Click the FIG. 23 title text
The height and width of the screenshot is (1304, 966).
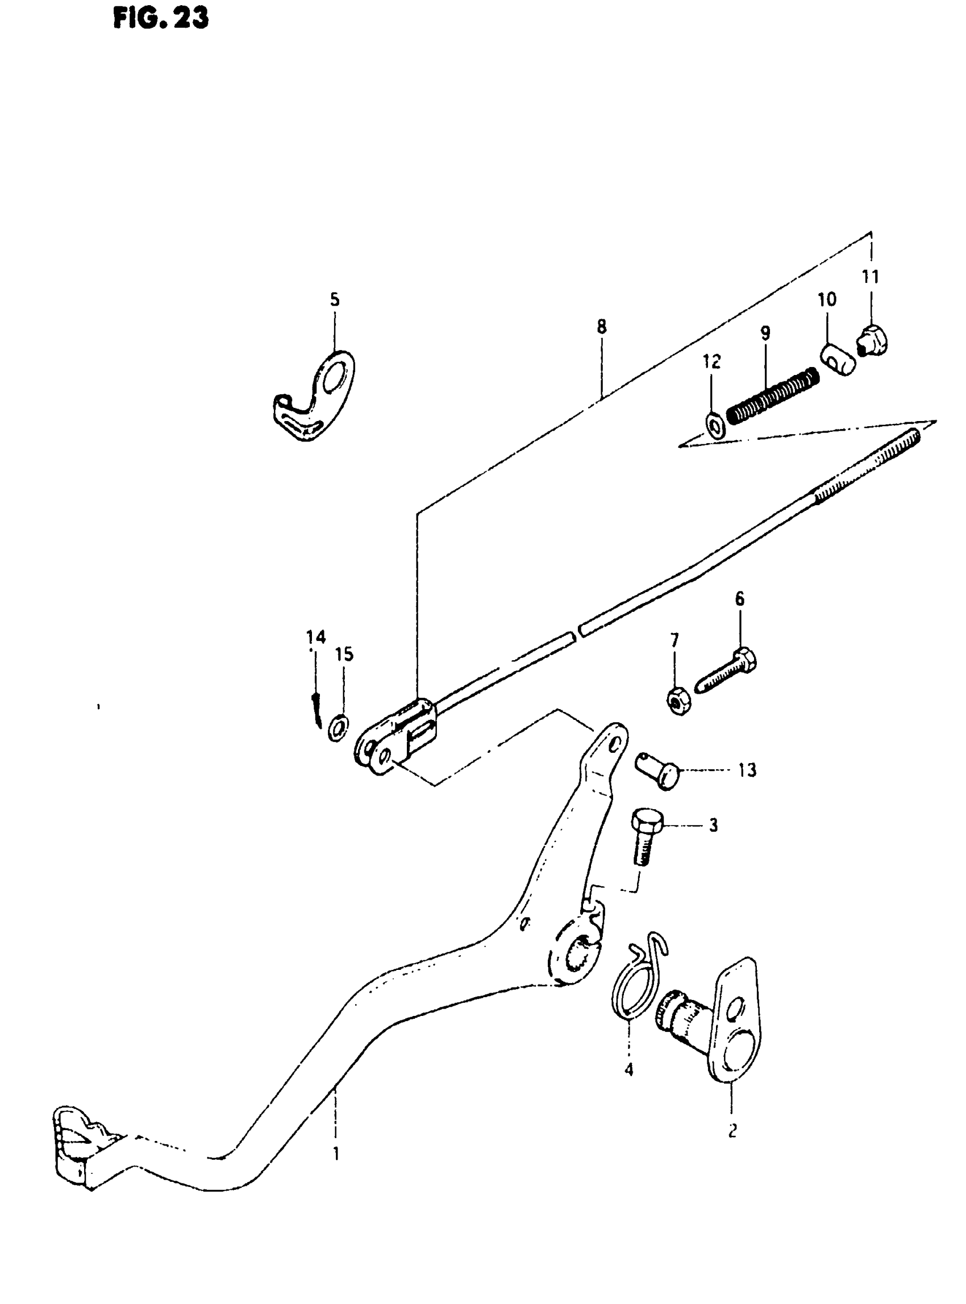[161, 19]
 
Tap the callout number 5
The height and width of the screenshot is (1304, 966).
[335, 300]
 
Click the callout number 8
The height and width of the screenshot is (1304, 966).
[602, 326]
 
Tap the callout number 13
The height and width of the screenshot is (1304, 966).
[747, 770]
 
